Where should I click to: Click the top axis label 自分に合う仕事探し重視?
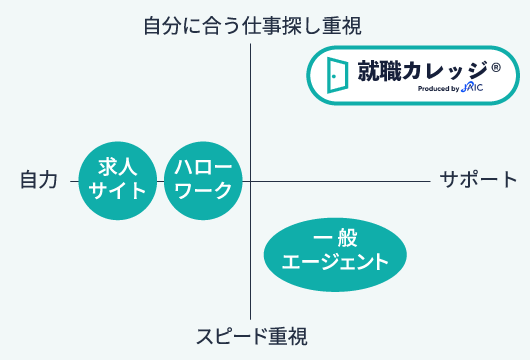point(251,25)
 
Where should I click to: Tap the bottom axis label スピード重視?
point(251,335)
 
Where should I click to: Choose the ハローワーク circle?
point(203,179)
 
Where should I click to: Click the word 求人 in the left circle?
point(119,167)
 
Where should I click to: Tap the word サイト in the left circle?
point(119,191)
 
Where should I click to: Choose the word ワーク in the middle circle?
point(203,191)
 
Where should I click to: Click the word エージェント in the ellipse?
point(335,263)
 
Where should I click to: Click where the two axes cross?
point(251,180)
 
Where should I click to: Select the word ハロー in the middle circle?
point(203,167)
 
